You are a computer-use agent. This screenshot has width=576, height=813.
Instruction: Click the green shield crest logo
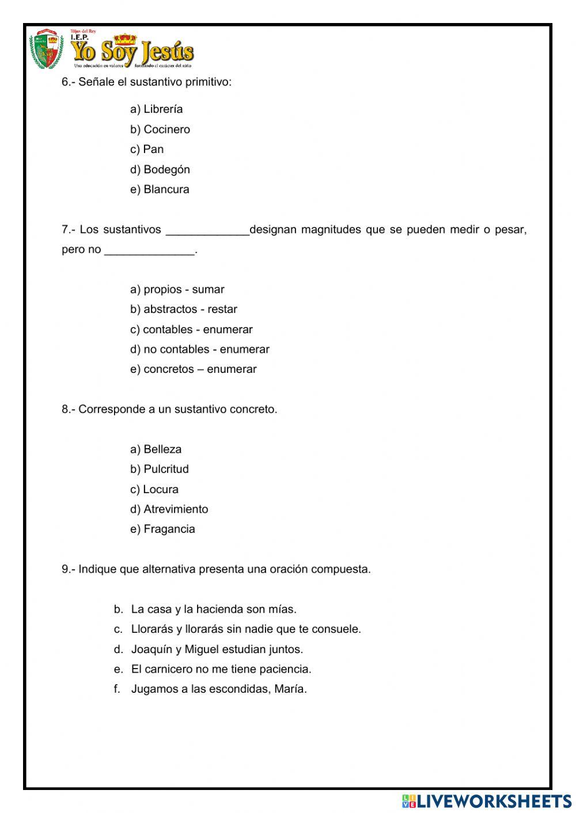pos(47,49)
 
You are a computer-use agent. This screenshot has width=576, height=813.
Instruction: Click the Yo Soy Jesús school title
pos(132,52)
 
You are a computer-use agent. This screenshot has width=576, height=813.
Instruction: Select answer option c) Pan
pos(147,150)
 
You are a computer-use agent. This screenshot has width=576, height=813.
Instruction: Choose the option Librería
pos(157,109)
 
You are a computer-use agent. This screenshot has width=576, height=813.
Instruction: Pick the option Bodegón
pos(160,170)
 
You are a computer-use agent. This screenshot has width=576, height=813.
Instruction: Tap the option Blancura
pos(160,190)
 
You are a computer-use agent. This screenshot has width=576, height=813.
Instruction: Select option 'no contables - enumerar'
pos(200,349)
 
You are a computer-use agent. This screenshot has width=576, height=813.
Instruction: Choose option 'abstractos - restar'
pos(184,310)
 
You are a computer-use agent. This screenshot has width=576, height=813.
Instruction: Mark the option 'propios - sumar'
pos(177,289)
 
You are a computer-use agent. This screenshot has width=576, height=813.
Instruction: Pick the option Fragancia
pos(162,529)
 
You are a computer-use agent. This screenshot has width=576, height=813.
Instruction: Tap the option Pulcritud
pos(160,470)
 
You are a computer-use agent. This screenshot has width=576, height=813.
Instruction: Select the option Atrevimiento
pos(169,509)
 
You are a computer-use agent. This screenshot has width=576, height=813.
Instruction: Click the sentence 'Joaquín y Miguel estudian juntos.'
pos(217,650)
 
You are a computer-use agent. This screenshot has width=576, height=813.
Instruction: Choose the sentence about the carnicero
pos(221,669)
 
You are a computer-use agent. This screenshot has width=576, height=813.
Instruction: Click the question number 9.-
pos(68,570)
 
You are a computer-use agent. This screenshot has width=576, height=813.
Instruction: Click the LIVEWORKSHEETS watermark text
pos(493,801)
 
